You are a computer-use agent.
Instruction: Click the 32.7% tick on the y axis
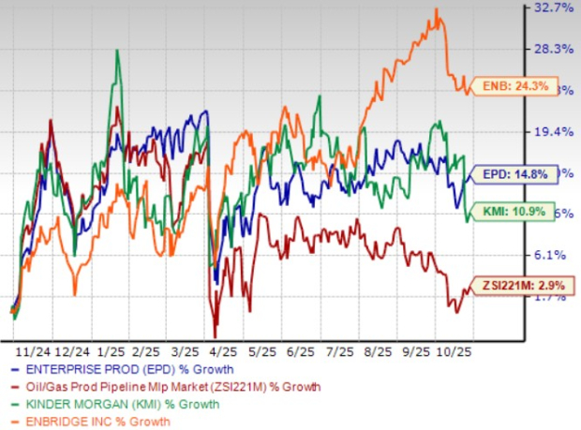(553, 8)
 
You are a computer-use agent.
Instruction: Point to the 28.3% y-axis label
(553, 50)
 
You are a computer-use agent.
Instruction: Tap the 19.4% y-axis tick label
(553, 133)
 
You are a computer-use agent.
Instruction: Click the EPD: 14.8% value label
(513, 174)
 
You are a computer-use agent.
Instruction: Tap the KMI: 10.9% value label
(512, 211)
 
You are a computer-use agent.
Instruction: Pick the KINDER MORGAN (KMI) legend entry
(117, 405)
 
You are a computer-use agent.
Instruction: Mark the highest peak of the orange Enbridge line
(437, 9)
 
